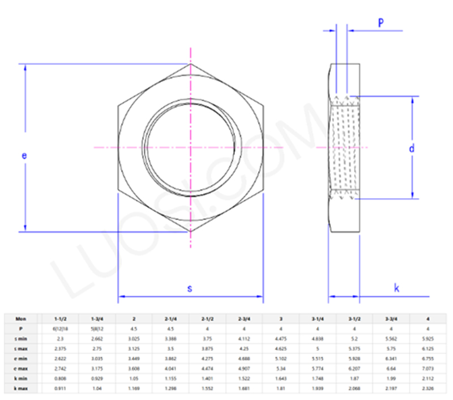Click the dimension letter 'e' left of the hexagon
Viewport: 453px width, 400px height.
click(x=24, y=156)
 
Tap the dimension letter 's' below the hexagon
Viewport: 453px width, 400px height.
click(x=190, y=288)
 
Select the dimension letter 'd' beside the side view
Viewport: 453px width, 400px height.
click(x=412, y=148)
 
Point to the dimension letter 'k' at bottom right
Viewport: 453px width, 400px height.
click(x=397, y=288)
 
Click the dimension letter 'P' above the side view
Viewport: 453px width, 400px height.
click(x=381, y=22)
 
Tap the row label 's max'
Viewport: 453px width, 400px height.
click(x=21, y=348)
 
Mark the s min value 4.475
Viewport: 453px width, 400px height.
click(x=281, y=338)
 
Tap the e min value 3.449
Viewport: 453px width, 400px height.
click(x=134, y=358)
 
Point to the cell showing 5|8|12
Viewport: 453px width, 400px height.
click(x=97, y=329)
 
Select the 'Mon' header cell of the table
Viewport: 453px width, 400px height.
click(x=21, y=319)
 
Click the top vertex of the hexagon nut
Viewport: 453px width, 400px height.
click(x=191, y=63)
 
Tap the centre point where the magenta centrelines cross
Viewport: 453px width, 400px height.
click(x=191, y=147)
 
